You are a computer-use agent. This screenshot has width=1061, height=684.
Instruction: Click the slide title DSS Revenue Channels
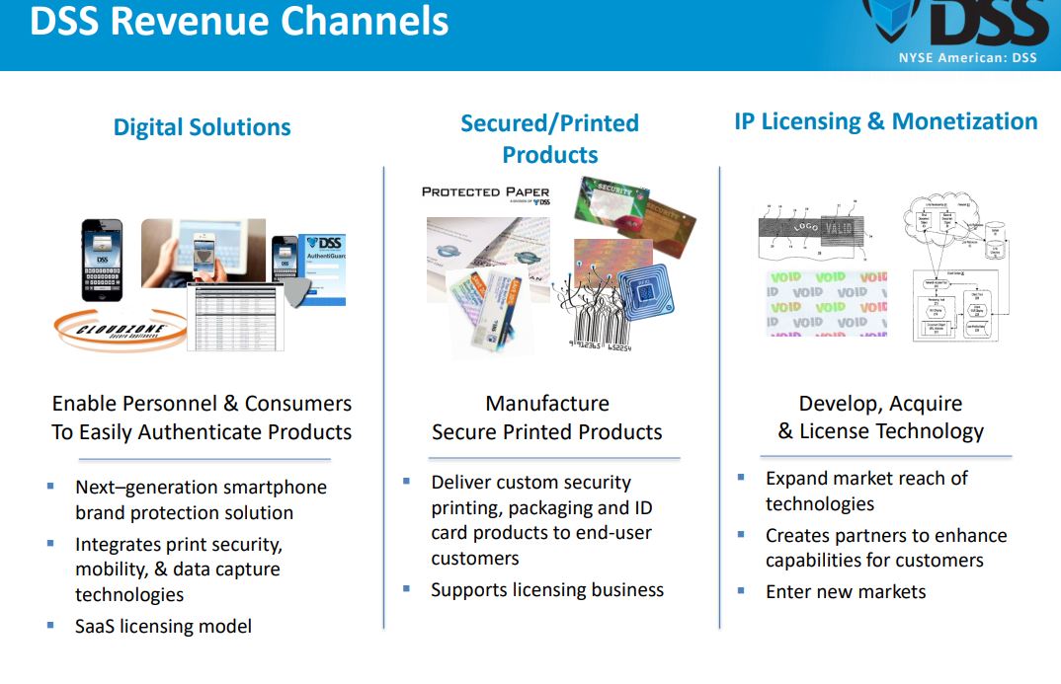pos(239,22)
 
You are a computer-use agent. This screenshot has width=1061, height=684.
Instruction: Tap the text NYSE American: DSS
pos(967,57)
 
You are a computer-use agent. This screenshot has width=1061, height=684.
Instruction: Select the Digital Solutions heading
pos(202,127)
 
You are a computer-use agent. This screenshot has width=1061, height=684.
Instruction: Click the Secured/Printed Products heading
pos(549,138)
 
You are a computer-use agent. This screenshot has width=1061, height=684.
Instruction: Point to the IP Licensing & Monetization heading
pos(885,121)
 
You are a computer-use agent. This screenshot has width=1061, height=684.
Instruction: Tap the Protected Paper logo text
pos(485,192)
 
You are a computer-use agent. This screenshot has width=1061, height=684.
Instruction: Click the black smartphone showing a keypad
pos(102,260)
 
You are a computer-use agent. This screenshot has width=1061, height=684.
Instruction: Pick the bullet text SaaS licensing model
pos(163,626)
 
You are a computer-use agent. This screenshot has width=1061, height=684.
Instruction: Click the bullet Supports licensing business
pos(547,589)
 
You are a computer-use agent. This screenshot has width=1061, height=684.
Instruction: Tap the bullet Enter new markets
pos(846,591)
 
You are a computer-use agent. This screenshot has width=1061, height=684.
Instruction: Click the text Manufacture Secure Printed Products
pos(547,418)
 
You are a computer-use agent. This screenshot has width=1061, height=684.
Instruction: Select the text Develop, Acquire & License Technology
pos(880,418)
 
